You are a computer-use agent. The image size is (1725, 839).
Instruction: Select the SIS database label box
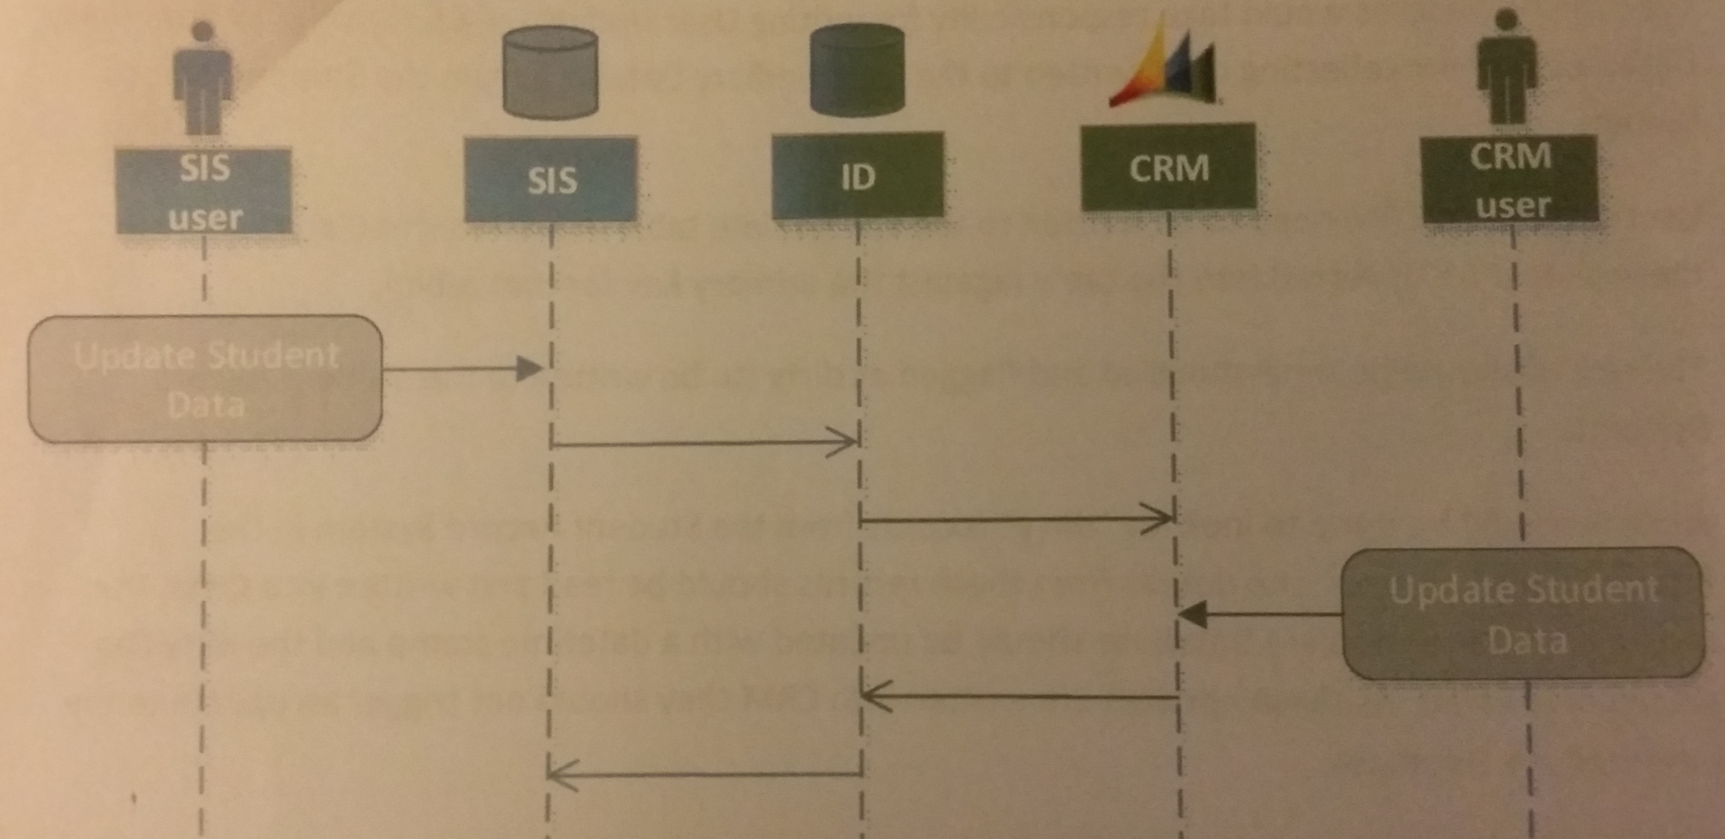click(550, 179)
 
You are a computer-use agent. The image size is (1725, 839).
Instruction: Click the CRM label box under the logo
click(1169, 167)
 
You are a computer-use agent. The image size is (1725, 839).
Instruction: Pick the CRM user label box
click(1510, 179)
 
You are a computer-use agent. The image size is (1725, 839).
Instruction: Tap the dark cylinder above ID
click(857, 70)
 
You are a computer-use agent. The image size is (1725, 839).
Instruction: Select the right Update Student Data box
click(1523, 614)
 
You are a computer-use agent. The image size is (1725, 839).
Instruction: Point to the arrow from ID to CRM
click(1014, 519)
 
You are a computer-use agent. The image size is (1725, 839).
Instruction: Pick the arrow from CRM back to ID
click(1018, 696)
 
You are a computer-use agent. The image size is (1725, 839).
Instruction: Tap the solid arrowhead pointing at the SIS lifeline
click(529, 369)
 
